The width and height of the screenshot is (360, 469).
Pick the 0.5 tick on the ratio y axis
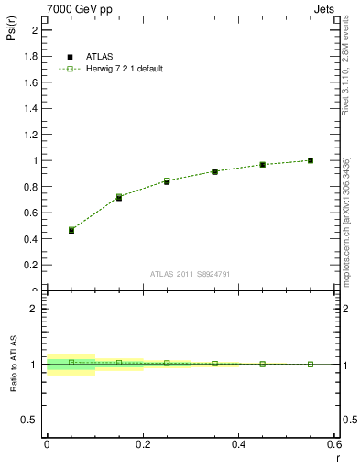click(31, 420)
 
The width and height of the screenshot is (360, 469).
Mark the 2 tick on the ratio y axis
click(35, 309)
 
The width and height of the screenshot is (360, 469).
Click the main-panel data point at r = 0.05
click(71, 230)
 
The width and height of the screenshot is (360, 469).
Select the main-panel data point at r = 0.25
click(167, 181)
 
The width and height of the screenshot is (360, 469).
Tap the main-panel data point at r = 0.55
click(311, 160)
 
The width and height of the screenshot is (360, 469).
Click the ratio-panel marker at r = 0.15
click(119, 363)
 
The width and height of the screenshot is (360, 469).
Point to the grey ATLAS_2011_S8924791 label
click(189, 273)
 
